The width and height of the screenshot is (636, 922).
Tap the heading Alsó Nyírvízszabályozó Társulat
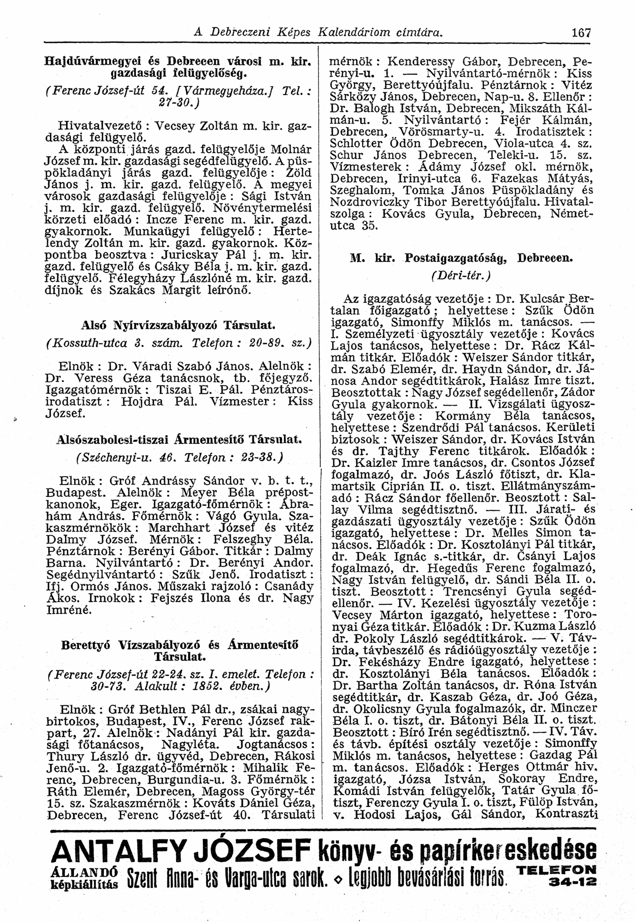click(x=178, y=325)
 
